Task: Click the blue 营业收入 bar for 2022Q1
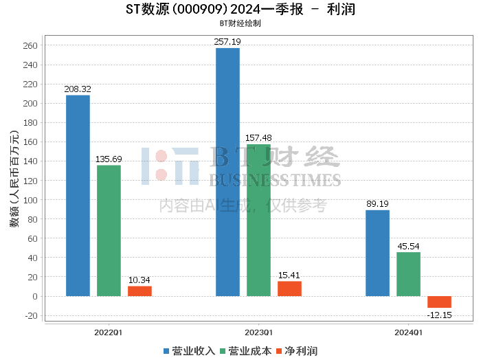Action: (x=78, y=196)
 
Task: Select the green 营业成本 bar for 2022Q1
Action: (x=109, y=231)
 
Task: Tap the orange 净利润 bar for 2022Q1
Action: (x=139, y=291)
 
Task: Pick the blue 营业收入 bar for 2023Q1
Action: (x=227, y=172)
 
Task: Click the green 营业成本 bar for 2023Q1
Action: (x=258, y=220)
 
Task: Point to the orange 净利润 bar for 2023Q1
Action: (x=289, y=289)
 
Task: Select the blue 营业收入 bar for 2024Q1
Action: (x=378, y=253)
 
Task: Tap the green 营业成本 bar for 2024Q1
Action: (x=408, y=274)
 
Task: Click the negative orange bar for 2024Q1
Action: (x=439, y=302)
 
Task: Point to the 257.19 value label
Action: (x=227, y=42)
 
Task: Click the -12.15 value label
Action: (x=439, y=315)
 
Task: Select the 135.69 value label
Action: (x=109, y=159)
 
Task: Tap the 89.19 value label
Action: (x=377, y=204)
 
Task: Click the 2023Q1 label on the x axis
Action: (x=258, y=333)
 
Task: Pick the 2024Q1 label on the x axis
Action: (x=408, y=333)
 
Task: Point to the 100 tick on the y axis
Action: (x=30, y=200)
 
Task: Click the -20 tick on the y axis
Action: (x=31, y=316)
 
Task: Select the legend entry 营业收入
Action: (x=189, y=351)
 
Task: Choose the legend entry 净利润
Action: (x=297, y=351)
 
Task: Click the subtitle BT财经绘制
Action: (x=240, y=23)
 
